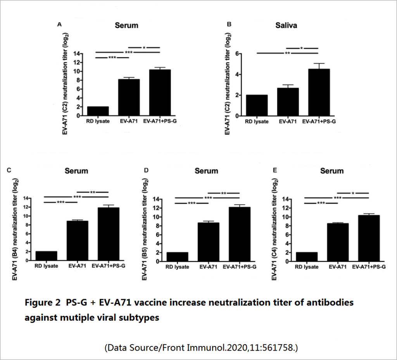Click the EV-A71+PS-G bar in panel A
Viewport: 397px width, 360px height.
[x=160, y=93]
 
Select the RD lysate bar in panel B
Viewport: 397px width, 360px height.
[x=256, y=105]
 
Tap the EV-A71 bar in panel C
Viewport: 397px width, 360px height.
[x=77, y=241]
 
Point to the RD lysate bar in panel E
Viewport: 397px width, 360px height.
[x=306, y=257]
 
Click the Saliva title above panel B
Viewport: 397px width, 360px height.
[x=287, y=26]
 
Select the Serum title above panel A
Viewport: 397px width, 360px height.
[x=126, y=26]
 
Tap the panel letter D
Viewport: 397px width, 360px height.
[x=146, y=170]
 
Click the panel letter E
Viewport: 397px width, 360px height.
[x=275, y=170]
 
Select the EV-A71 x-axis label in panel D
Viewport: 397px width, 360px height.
[x=209, y=267]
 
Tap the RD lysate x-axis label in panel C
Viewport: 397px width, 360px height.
[x=46, y=266]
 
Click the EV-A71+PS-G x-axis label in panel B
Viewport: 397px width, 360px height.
[x=319, y=122]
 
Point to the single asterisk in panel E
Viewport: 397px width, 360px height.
[x=353, y=193]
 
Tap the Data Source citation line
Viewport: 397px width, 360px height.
[x=201, y=348]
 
